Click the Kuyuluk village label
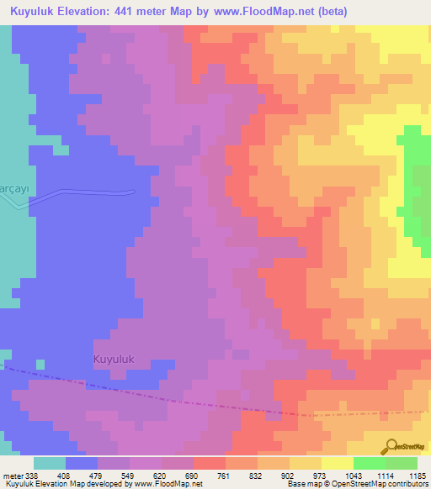114,359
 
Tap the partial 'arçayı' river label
14,187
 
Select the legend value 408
65,476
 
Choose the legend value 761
225,476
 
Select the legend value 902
289,476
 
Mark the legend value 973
321,476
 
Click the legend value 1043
353,476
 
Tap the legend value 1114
385,476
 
